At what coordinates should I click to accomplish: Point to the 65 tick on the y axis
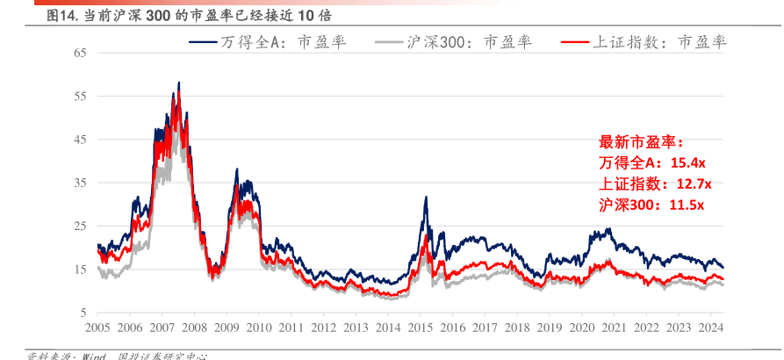click(80, 53)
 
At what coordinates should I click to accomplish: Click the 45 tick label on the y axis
click(80, 140)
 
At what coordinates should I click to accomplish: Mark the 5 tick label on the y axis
click(83, 313)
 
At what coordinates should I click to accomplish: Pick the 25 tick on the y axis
click(80, 226)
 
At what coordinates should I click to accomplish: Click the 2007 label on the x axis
click(162, 328)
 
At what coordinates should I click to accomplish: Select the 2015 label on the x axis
click(421, 328)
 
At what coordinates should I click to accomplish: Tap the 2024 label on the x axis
click(711, 328)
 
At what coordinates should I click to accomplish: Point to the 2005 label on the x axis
click(97, 328)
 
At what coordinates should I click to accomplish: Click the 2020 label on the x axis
click(582, 328)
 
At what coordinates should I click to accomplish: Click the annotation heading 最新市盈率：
click(640, 142)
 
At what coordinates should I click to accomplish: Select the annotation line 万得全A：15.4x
click(653, 163)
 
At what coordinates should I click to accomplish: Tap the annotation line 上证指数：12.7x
click(655, 184)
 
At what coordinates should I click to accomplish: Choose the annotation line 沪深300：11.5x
click(651, 205)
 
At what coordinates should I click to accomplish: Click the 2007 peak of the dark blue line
click(179, 83)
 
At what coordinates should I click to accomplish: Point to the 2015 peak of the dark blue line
click(425, 198)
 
